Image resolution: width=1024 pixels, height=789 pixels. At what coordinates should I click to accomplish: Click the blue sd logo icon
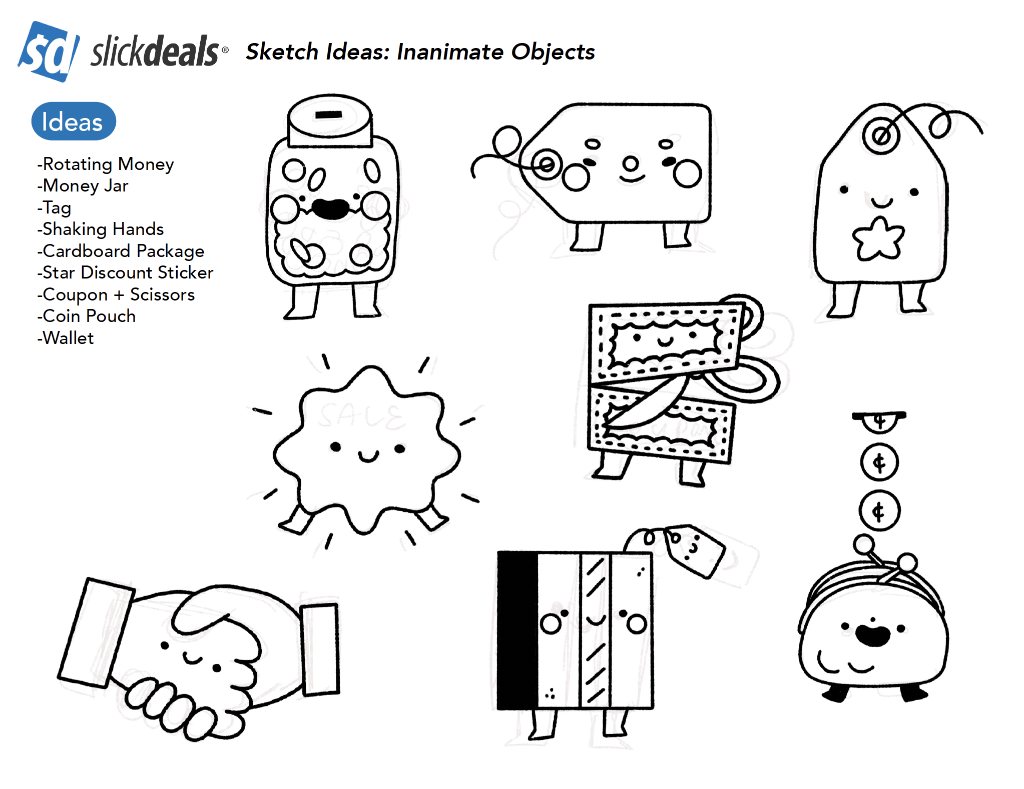49,51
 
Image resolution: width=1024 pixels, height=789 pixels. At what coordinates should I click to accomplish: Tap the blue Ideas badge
73,121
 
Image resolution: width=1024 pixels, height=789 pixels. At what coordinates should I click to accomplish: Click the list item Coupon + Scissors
116,294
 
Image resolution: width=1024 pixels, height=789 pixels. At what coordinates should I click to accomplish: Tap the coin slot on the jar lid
328,115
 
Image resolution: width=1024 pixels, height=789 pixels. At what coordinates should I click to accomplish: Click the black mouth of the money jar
330,208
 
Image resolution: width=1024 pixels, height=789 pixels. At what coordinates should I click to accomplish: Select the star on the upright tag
878,238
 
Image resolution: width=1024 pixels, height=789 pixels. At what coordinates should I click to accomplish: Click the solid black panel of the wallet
518,630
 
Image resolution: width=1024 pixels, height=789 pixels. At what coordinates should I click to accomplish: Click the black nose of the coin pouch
873,635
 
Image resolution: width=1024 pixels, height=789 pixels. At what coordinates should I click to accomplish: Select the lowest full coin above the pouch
879,511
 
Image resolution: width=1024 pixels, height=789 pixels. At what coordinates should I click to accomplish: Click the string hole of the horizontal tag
546,163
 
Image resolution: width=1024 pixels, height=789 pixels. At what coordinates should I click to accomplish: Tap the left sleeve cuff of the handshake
96,633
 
